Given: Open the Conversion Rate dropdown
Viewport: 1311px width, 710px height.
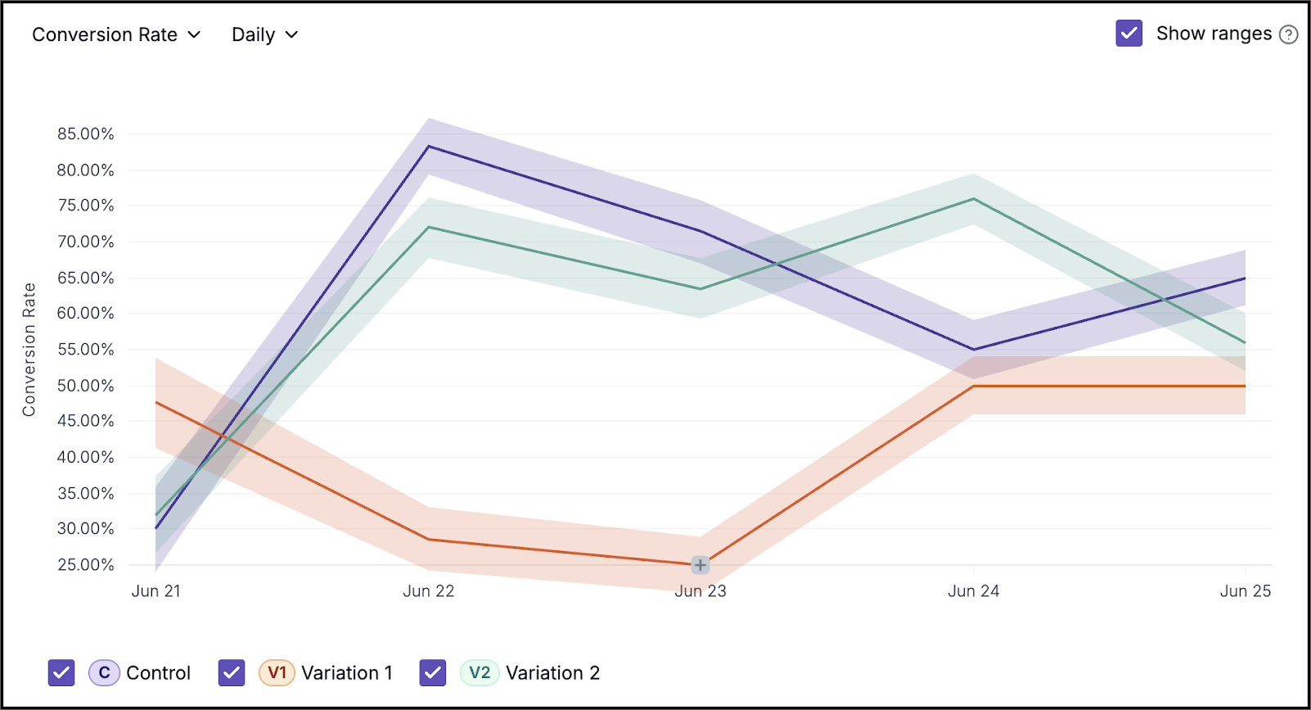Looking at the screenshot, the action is click(116, 34).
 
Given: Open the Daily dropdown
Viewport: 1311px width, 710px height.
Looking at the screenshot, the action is click(264, 34).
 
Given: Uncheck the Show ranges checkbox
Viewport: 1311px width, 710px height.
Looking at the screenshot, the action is click(1129, 34).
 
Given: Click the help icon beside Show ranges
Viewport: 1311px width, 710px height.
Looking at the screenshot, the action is click(1288, 34).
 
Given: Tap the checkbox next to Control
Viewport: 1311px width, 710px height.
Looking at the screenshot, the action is click(61, 672).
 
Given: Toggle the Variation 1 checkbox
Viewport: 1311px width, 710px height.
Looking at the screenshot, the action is click(232, 672).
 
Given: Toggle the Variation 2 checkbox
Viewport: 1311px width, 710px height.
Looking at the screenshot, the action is click(433, 672).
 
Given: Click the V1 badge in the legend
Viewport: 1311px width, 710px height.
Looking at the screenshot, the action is click(277, 672).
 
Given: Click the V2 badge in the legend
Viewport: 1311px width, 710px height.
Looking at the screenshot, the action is click(480, 672).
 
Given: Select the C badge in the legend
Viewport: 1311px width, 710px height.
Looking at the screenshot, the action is click(104, 672).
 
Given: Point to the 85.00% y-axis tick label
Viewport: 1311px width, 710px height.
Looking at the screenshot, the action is click(85, 134).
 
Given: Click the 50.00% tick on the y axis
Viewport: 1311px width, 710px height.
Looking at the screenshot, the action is click(85, 386).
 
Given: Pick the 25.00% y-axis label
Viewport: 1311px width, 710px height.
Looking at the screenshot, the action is click(85, 565).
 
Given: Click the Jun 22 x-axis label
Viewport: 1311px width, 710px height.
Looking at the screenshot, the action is click(429, 591).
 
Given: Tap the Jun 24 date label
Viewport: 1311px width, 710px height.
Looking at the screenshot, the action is click(973, 591).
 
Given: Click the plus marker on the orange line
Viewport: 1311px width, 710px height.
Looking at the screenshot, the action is click(701, 565).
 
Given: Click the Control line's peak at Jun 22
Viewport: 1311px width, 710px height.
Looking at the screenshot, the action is click(429, 147).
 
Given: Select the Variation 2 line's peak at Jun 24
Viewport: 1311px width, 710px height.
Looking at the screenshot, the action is click(973, 199).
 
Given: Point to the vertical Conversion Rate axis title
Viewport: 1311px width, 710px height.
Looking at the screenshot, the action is click(29, 350).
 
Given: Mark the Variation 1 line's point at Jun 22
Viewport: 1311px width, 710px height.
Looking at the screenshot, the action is click(429, 540).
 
